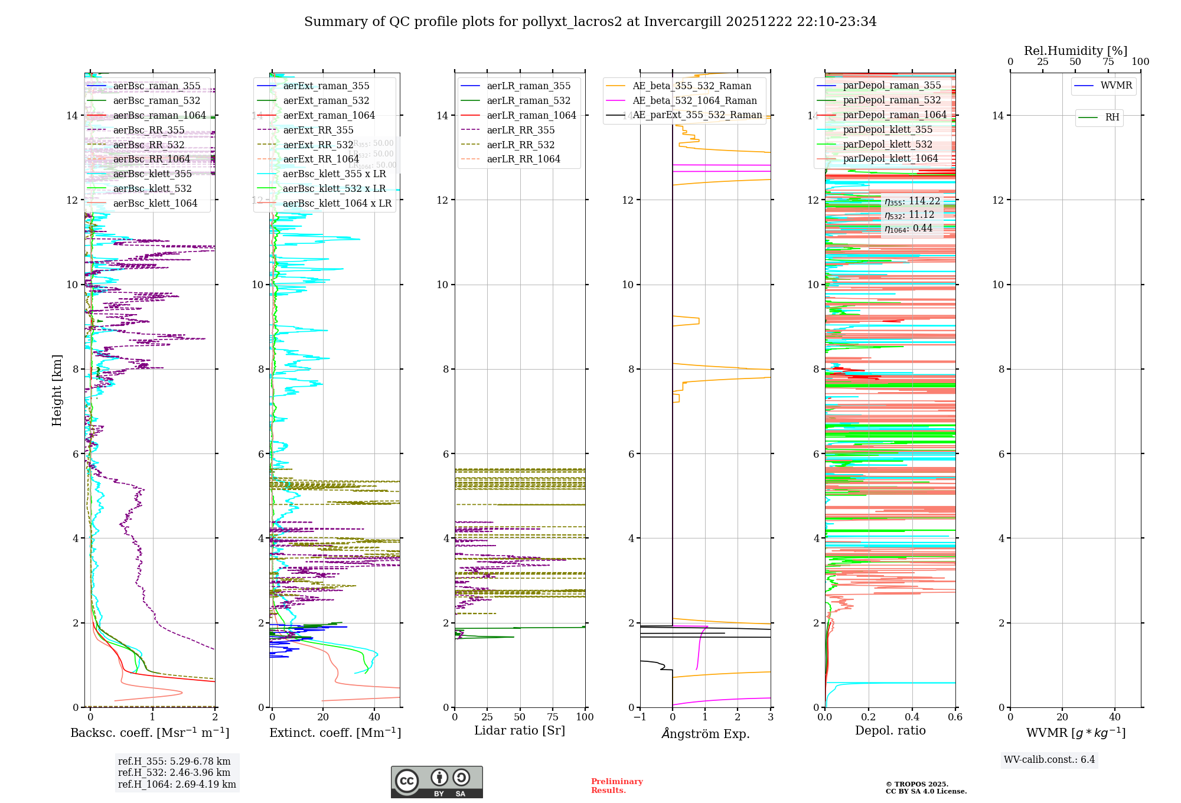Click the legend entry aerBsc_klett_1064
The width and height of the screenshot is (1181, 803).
pyautogui.click(x=155, y=204)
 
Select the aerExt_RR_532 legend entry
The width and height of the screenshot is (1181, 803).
pyautogui.click(x=318, y=145)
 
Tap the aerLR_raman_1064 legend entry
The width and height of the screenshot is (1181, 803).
pyautogui.click(x=531, y=116)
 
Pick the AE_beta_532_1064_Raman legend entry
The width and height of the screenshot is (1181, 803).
pyautogui.click(x=694, y=101)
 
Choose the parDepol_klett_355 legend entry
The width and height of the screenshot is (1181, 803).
pyautogui.click(x=887, y=130)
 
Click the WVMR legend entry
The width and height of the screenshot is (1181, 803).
pyautogui.click(x=1115, y=86)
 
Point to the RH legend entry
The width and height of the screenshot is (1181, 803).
pyautogui.click(x=1111, y=117)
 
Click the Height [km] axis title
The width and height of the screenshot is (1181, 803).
pyautogui.click(x=57, y=390)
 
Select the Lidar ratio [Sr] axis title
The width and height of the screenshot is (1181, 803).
pyautogui.click(x=520, y=731)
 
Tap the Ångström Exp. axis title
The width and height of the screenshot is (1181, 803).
pyautogui.click(x=706, y=734)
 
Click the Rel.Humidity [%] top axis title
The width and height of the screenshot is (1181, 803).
pyautogui.click(x=1075, y=51)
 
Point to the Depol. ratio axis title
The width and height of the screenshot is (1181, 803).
pyautogui.click(x=890, y=731)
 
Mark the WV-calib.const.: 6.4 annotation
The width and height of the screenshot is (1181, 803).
pyautogui.click(x=1049, y=760)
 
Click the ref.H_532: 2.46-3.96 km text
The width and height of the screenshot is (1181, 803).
pyautogui.click(x=174, y=773)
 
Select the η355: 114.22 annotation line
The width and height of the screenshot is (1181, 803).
pyautogui.click(x=912, y=201)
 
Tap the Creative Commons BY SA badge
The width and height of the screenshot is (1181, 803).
pyautogui.click(x=436, y=782)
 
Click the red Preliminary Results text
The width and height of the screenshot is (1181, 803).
pyautogui.click(x=616, y=786)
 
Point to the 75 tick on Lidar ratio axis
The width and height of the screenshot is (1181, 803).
pyautogui.click(x=553, y=717)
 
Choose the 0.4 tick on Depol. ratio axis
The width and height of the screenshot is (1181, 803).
pyautogui.click(x=912, y=717)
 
